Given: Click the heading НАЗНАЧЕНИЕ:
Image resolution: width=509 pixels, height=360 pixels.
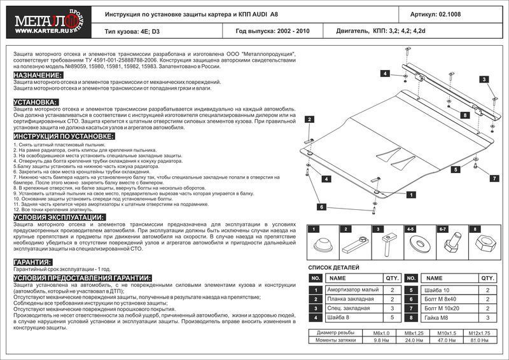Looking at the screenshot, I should click(38, 76).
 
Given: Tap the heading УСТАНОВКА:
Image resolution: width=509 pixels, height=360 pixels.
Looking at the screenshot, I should click(36, 102).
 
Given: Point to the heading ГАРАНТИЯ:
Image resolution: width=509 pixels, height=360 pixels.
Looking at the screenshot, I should click(32, 262).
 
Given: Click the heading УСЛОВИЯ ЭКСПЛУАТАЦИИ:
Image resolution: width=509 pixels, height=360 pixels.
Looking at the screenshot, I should click(59, 218).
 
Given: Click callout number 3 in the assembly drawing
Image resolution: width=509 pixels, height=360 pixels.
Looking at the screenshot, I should click(484, 79).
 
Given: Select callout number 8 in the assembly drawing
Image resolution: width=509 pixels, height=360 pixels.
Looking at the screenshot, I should click(465, 115).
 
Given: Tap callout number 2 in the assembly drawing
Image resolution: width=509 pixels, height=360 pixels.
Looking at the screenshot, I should click(309, 120).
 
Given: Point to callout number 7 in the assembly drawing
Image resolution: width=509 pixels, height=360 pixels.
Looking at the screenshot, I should click(492, 179).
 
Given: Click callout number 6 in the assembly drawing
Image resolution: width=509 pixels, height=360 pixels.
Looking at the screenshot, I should click(322, 207).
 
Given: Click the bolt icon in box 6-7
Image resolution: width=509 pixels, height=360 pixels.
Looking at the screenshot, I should click(449, 243).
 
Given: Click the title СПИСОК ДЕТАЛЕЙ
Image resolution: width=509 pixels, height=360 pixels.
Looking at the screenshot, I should click(334, 268).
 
